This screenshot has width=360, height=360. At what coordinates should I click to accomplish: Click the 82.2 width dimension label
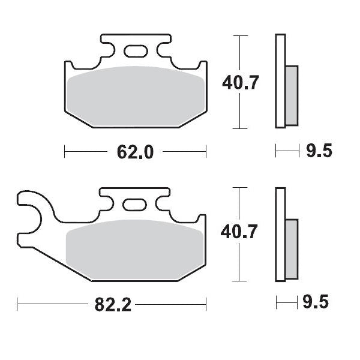point(113,305)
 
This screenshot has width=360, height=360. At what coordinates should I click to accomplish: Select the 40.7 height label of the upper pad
point(241,82)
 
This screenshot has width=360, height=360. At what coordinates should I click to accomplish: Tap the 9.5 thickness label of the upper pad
point(319,151)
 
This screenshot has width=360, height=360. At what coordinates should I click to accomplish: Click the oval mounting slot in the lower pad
point(134,205)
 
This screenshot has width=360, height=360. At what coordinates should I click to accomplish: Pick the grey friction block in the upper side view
point(290,95)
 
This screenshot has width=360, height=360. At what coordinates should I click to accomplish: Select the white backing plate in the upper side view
point(279,82)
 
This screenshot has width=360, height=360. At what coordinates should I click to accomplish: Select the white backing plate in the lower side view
point(279,235)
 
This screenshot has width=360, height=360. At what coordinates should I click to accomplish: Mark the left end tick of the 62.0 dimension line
point(65,152)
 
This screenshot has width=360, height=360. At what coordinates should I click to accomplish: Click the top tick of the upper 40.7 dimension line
point(240,36)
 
